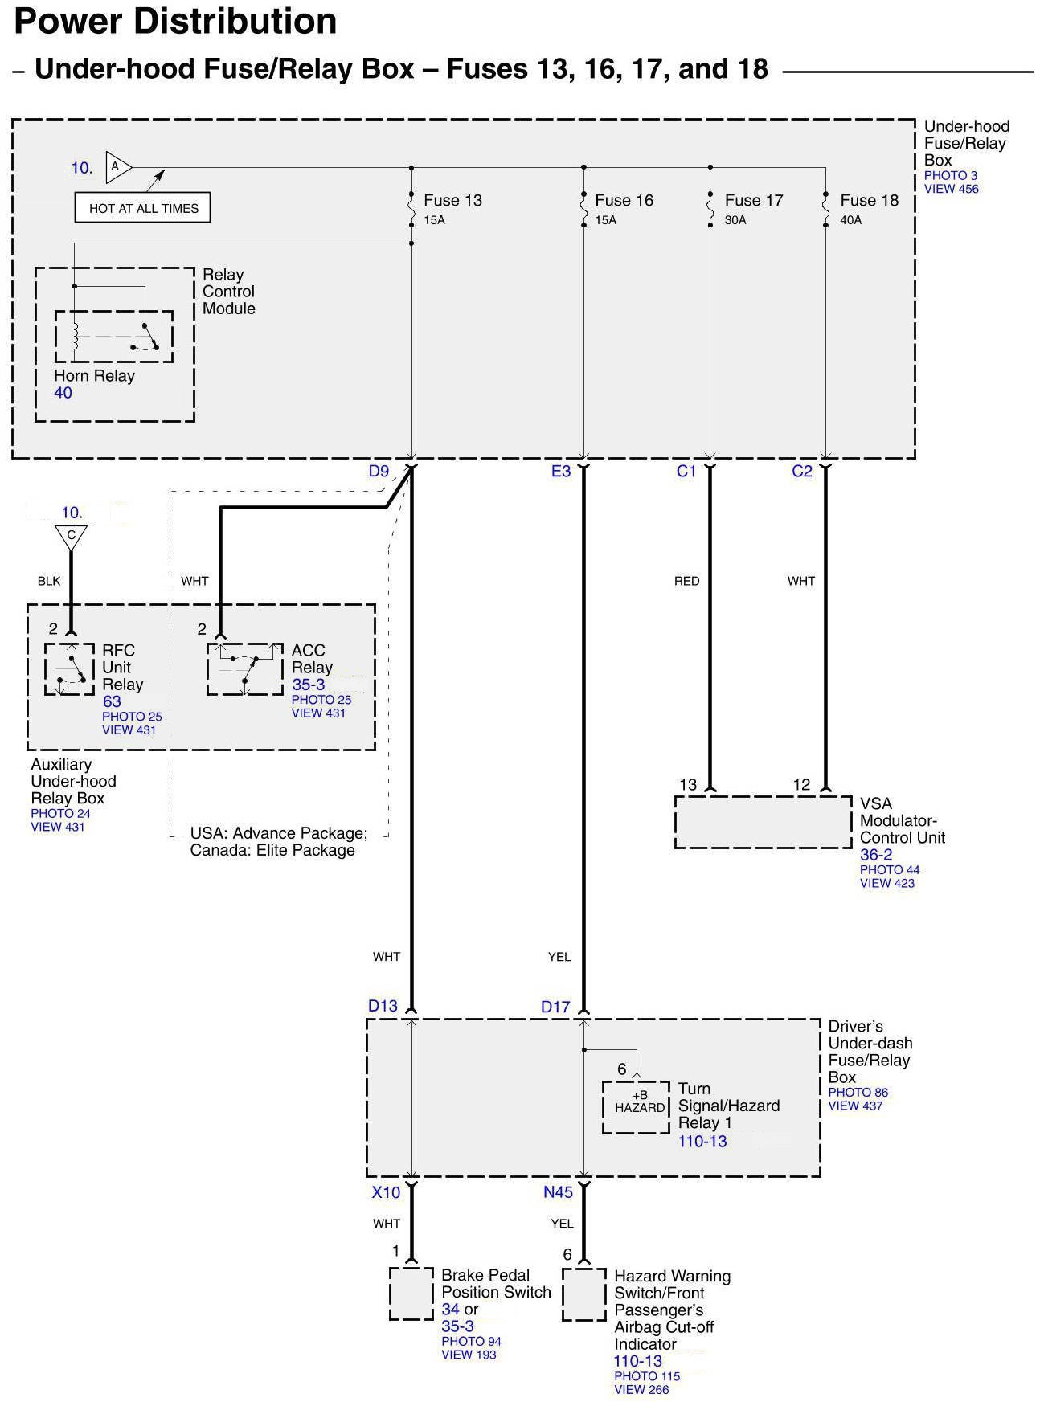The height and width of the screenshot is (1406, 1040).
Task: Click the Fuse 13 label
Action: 452,201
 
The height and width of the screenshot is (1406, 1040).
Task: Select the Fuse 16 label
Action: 624,201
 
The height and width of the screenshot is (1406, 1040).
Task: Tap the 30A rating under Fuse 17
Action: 735,220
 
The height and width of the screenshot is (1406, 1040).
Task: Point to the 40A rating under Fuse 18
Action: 850,220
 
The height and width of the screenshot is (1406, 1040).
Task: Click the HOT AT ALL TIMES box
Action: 143,208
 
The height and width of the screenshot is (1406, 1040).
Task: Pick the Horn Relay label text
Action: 94,376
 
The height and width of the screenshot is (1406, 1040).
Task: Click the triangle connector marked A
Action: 117,167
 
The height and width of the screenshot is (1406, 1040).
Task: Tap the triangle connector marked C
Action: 72,536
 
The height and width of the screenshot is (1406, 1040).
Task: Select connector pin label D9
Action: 379,472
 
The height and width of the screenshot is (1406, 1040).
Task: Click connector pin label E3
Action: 560,472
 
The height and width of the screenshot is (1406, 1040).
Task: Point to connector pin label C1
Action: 686,472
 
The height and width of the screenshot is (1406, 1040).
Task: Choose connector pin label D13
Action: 383,1006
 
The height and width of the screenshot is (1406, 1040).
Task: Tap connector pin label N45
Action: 558,1192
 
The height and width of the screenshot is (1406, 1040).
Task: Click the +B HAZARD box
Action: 637,1107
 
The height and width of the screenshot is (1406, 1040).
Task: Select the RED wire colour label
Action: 686,581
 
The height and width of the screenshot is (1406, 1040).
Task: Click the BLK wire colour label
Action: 49,581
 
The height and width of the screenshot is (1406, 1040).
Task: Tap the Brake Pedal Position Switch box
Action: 411,1294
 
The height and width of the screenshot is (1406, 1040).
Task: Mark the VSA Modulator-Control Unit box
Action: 763,822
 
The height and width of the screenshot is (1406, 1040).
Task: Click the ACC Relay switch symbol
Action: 245,668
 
